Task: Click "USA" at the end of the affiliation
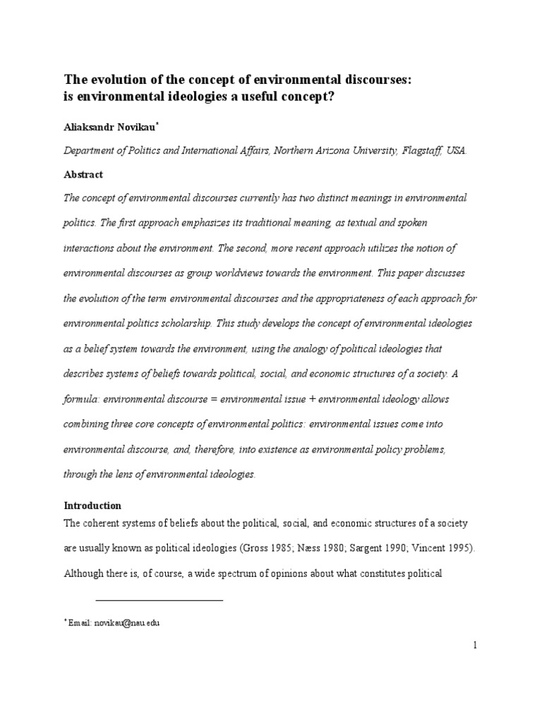click(456, 151)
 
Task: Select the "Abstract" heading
click(83, 174)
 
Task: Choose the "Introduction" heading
click(92, 506)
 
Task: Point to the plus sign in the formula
click(311, 398)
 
